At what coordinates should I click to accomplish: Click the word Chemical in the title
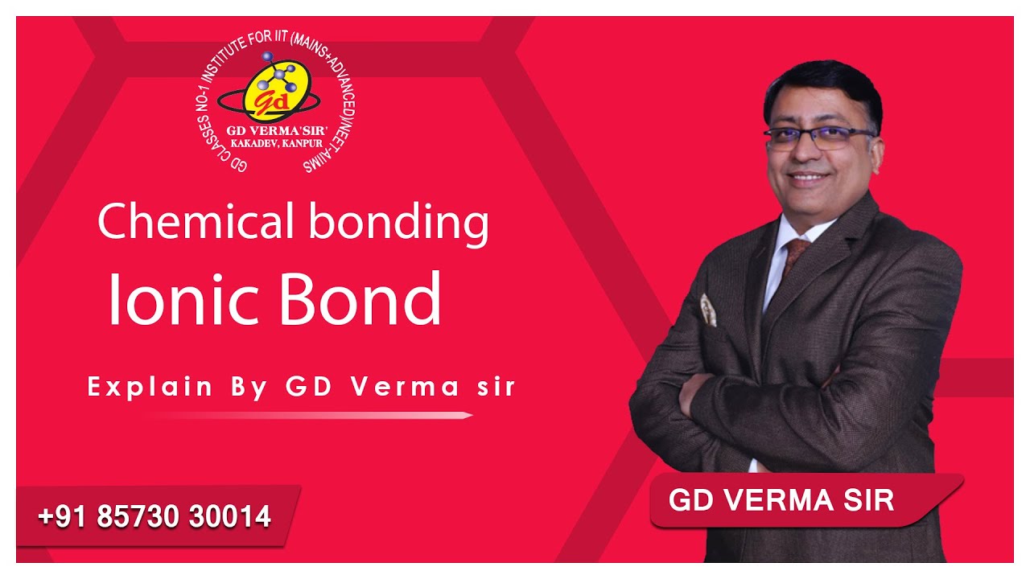tap(196, 221)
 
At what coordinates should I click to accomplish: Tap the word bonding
tap(398, 225)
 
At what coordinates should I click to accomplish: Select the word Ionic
tap(184, 298)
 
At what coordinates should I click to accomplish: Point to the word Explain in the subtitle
tap(150, 387)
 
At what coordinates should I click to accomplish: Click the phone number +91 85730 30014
tap(154, 515)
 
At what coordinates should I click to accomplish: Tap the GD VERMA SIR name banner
tap(806, 500)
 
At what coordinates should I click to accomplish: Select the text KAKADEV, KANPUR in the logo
tap(277, 143)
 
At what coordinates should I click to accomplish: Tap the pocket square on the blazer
tap(708, 310)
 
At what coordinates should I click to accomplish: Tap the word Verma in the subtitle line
tap(405, 387)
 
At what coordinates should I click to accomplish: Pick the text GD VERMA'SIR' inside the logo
tap(277, 130)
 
